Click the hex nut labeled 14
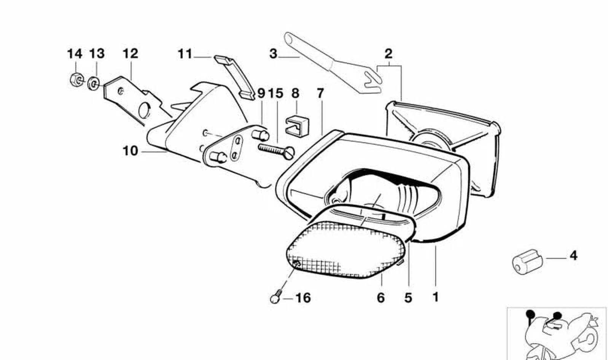[x=76, y=80]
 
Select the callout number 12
[x=131, y=54]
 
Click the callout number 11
[x=185, y=54]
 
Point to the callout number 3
[x=273, y=54]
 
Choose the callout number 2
[x=388, y=54]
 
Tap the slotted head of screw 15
[x=290, y=153]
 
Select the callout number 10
[x=131, y=151]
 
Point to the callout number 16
[x=303, y=298]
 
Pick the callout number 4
[x=573, y=256]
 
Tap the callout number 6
[x=381, y=298]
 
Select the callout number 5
[x=408, y=298]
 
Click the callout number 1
[x=435, y=297]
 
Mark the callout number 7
[x=320, y=93]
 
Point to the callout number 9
[x=261, y=93]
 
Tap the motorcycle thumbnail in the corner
[x=556, y=334]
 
